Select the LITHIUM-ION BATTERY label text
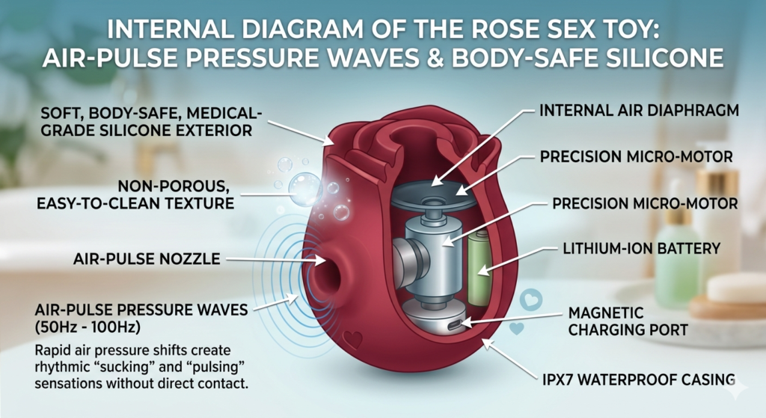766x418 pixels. pos(632,248)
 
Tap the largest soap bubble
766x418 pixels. pos(304,188)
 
